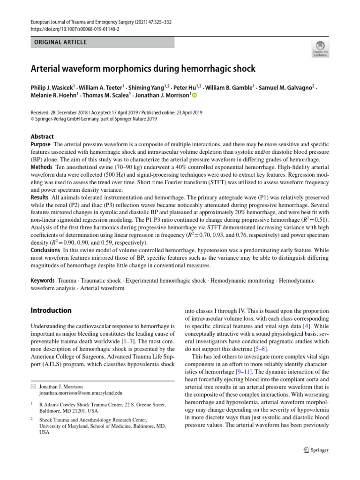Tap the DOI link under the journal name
click(x=75, y=29)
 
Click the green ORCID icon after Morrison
click(x=195, y=96)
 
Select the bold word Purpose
click(x=41, y=144)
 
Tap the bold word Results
click(x=40, y=197)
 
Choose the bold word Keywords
click(x=43, y=280)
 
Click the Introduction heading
click(x=51, y=310)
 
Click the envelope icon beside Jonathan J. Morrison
click(x=33, y=386)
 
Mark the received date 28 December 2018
click(x=75, y=112)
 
